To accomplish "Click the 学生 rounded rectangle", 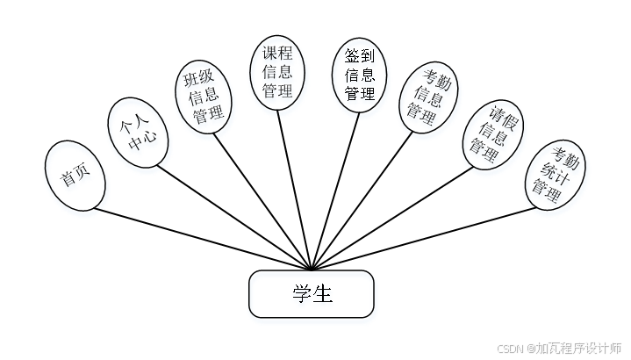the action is coord(312,293).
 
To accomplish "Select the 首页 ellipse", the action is coord(75,176).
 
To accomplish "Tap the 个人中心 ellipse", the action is coord(137,132).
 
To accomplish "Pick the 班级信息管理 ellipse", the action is coord(203,97).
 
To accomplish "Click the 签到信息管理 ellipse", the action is coord(359,73).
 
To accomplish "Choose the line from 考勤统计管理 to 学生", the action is coord(421,236).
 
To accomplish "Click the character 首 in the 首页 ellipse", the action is coord(68,181).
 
